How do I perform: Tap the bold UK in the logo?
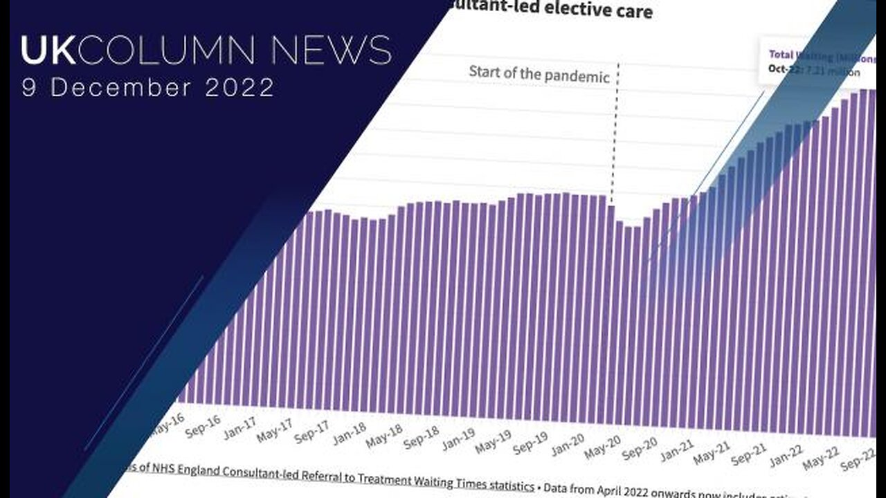(46, 51)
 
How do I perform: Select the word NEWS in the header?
(331, 51)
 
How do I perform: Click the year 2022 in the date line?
(239, 88)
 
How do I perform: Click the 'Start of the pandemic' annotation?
(539, 73)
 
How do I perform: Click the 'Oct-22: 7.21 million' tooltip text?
(814, 71)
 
